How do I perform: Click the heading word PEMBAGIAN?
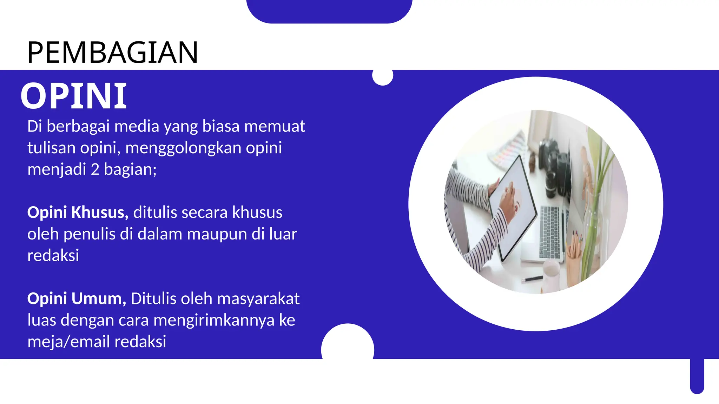[113, 53]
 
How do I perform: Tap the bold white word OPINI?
[74, 96]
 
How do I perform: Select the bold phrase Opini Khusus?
[78, 213]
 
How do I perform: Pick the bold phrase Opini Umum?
[77, 299]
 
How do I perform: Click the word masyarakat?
[258, 299]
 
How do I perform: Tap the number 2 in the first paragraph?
[95, 169]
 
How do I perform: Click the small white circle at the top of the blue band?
[382, 75]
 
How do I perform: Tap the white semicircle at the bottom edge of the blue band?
[348, 342]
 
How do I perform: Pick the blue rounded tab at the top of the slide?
[329, 11]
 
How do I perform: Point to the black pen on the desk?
[532, 279]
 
